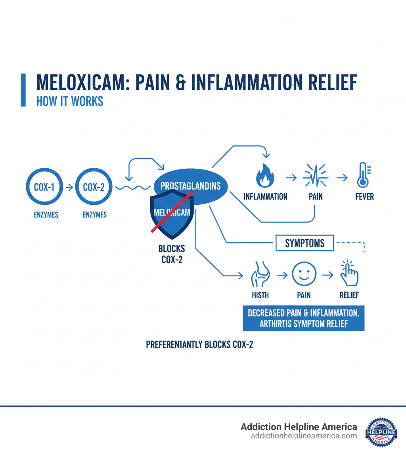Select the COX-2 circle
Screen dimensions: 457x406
[94, 187]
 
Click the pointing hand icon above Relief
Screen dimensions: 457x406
[349, 273]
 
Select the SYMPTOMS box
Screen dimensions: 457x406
[304, 243]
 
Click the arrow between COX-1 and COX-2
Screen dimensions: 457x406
[69, 187]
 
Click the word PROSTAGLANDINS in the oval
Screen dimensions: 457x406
[190, 186]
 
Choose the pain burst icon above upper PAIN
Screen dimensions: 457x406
[316, 175]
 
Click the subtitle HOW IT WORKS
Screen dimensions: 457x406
[70, 101]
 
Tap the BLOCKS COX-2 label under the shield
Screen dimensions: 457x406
[171, 254]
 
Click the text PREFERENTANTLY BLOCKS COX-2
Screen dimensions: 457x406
[199, 345]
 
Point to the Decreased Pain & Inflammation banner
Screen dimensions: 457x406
[303, 318]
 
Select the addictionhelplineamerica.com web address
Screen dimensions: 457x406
[304, 436]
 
